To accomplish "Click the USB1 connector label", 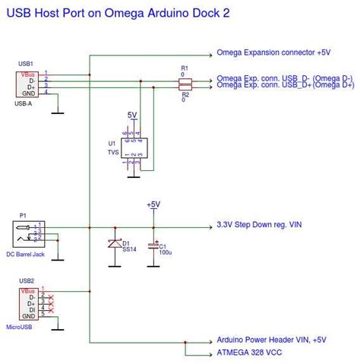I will [27, 64].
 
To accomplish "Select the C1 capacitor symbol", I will [153, 245].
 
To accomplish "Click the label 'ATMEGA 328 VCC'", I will [250, 355].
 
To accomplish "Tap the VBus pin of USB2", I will [28, 291].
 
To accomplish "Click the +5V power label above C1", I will [153, 204].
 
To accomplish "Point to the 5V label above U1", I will [133, 115].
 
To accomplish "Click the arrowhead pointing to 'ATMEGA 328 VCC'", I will [210, 355].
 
